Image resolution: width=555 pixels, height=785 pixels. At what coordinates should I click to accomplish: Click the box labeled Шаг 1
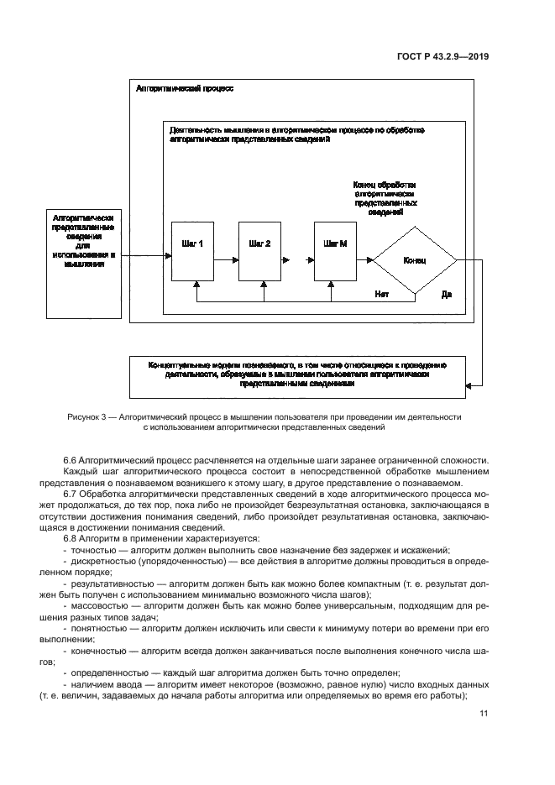[193, 251]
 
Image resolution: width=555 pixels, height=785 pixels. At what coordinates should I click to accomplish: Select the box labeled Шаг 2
[260, 251]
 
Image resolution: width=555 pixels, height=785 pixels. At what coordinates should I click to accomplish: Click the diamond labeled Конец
[414, 260]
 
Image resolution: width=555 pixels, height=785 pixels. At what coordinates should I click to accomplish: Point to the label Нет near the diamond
[381, 294]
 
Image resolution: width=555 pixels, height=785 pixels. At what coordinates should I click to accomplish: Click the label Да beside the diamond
[447, 294]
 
